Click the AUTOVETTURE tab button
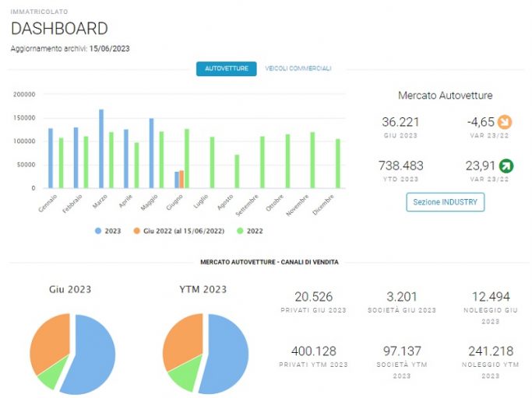[x=227, y=68]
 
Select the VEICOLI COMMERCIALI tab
[x=298, y=68]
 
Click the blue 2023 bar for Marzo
[x=101, y=148]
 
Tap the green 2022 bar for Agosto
[x=237, y=171]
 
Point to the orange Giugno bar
[x=181, y=180]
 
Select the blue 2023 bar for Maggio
[x=151, y=153]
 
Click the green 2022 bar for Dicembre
[x=338, y=163]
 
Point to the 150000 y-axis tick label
[x=24, y=118]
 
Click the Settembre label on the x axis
[x=248, y=205]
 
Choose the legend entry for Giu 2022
[x=179, y=231]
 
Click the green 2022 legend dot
[x=240, y=231]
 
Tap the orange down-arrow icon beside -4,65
[x=505, y=122]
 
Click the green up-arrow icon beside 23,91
[x=506, y=166]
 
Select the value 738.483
[x=401, y=166]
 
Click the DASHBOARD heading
[x=59, y=29]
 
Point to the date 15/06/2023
[x=110, y=49]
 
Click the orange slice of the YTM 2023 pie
[x=182, y=340]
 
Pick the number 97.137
[x=402, y=351]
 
